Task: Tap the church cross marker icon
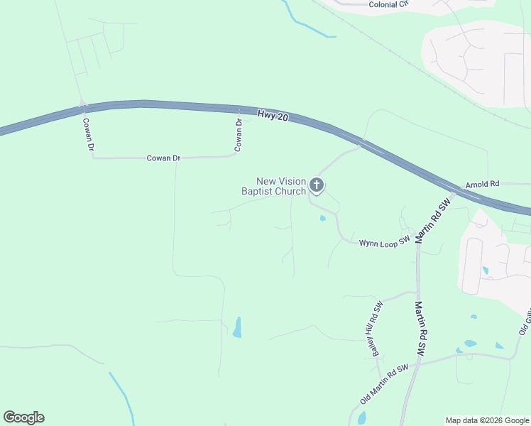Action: click(x=317, y=186)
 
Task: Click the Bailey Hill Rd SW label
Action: click(x=374, y=319)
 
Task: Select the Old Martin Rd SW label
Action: click(x=384, y=384)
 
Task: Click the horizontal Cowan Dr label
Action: click(x=163, y=158)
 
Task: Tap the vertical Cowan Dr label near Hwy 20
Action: click(x=239, y=135)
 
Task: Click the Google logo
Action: click(x=23, y=417)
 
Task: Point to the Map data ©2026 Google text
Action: click(x=486, y=420)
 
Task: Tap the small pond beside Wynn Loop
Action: click(x=323, y=218)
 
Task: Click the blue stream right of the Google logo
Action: click(x=122, y=398)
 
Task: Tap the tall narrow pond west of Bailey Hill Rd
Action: click(x=237, y=327)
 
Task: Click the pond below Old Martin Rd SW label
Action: click(x=362, y=418)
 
